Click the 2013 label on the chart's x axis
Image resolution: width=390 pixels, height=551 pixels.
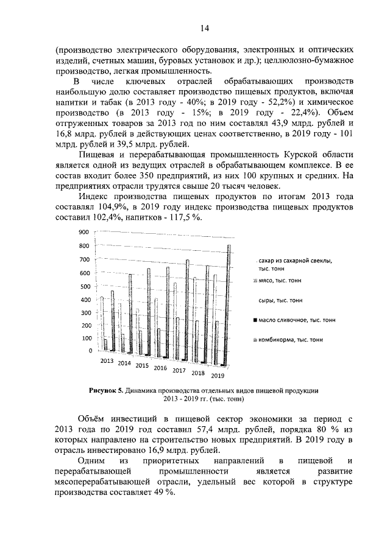107,361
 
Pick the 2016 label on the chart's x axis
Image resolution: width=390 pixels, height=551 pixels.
160,368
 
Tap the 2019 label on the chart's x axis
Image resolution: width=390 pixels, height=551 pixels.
218,376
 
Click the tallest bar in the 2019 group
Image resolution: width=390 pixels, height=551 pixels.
229,304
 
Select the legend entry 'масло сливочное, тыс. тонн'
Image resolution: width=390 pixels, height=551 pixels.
296,320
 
